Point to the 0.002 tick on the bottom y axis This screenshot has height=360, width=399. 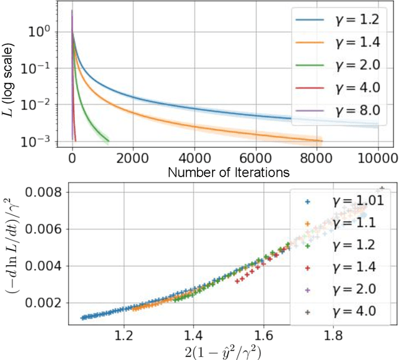[x=37, y=303]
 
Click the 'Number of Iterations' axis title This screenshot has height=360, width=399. [x=224, y=170]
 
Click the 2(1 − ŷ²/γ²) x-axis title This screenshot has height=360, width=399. [x=225, y=353]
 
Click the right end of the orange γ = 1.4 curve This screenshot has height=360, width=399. [x=321, y=140]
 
